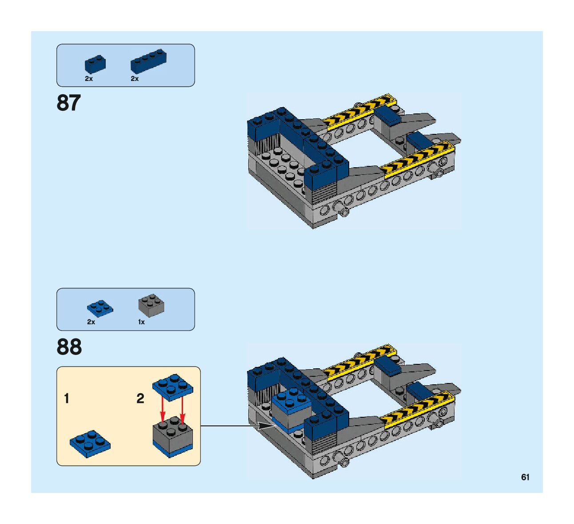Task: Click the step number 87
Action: pyautogui.click(x=68, y=103)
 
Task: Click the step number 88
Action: pyautogui.click(x=69, y=347)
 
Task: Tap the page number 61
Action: pyautogui.click(x=525, y=477)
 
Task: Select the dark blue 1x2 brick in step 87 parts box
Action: pyautogui.click(x=95, y=64)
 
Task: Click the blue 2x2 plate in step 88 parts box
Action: pyautogui.click(x=100, y=307)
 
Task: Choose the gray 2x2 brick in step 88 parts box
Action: pyautogui.click(x=151, y=306)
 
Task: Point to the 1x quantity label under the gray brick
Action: pyautogui.click(x=141, y=322)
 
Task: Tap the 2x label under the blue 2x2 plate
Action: pyautogui.click(x=91, y=322)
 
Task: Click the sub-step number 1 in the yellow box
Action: pyautogui.click(x=67, y=399)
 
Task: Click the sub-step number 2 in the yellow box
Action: pyautogui.click(x=140, y=399)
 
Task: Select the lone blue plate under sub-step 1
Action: pyautogui.click(x=90, y=443)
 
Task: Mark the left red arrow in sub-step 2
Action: pyautogui.click(x=163, y=409)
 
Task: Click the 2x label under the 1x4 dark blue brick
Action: pyautogui.click(x=135, y=79)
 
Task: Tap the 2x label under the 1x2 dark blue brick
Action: pyautogui.click(x=89, y=79)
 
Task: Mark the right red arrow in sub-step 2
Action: pyautogui.click(x=182, y=409)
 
